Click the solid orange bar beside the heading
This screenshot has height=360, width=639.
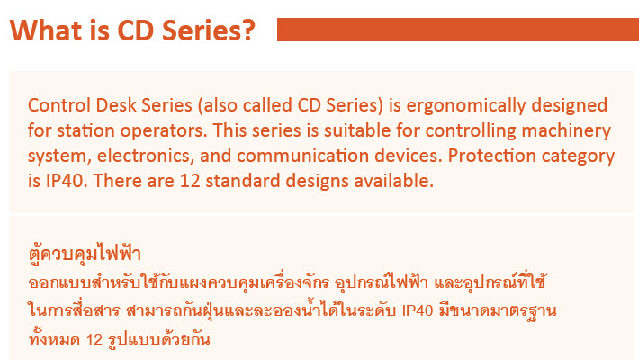[458, 30]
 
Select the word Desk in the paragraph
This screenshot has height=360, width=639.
[116, 105]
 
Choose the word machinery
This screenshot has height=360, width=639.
[566, 131]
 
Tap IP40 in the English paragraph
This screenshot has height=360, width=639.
[66, 182]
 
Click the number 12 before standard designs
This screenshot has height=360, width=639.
[190, 182]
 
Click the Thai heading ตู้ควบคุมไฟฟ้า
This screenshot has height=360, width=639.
[85, 253]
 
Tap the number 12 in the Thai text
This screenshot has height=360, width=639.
[94, 339]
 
